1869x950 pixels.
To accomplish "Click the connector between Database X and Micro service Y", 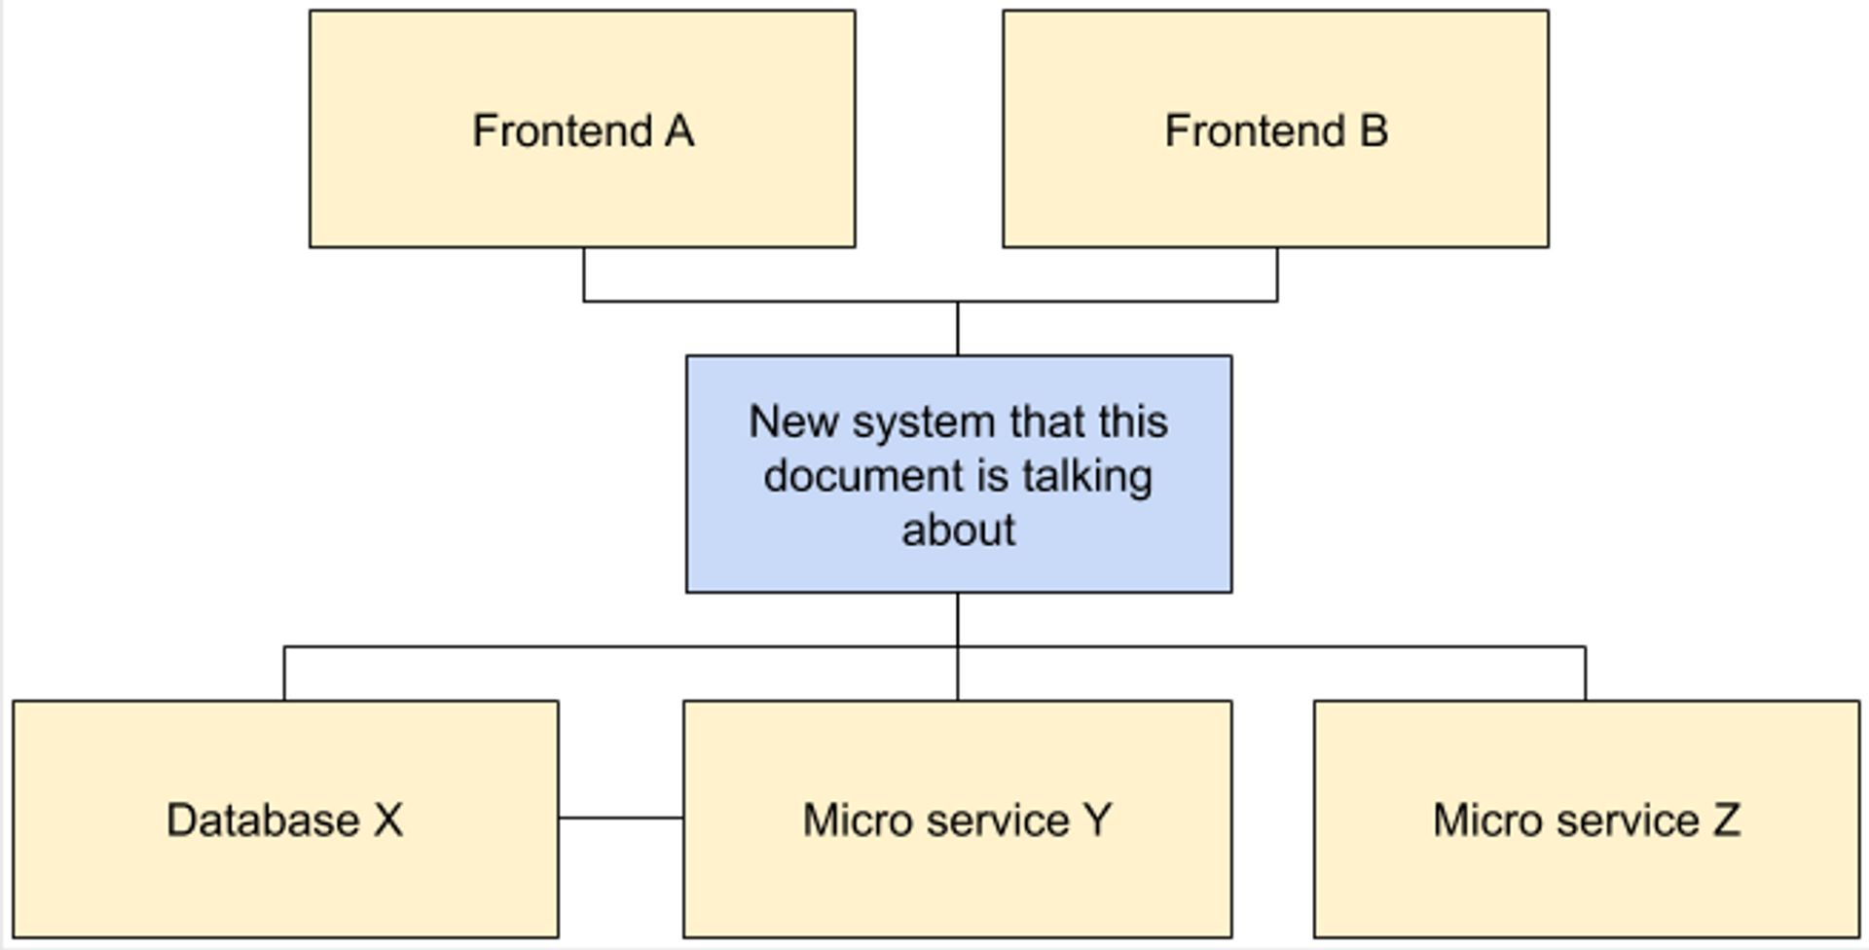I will [x=621, y=818].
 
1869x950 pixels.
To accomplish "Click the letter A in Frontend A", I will [x=679, y=131].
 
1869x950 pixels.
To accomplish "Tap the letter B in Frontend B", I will [x=1374, y=131].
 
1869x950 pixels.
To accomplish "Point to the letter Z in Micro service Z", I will [x=1726, y=820].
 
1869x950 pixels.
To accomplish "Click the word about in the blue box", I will [x=959, y=530].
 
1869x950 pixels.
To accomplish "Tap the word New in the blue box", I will [x=793, y=422].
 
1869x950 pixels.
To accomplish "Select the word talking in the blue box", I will [x=1087, y=477].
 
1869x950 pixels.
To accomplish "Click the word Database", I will [x=263, y=820].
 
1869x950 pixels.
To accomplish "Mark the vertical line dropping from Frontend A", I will [x=584, y=274].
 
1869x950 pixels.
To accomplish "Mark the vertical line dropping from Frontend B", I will [x=1277, y=274].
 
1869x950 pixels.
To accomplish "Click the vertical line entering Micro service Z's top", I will [x=1585, y=674].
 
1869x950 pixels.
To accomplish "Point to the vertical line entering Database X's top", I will [x=284, y=674].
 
